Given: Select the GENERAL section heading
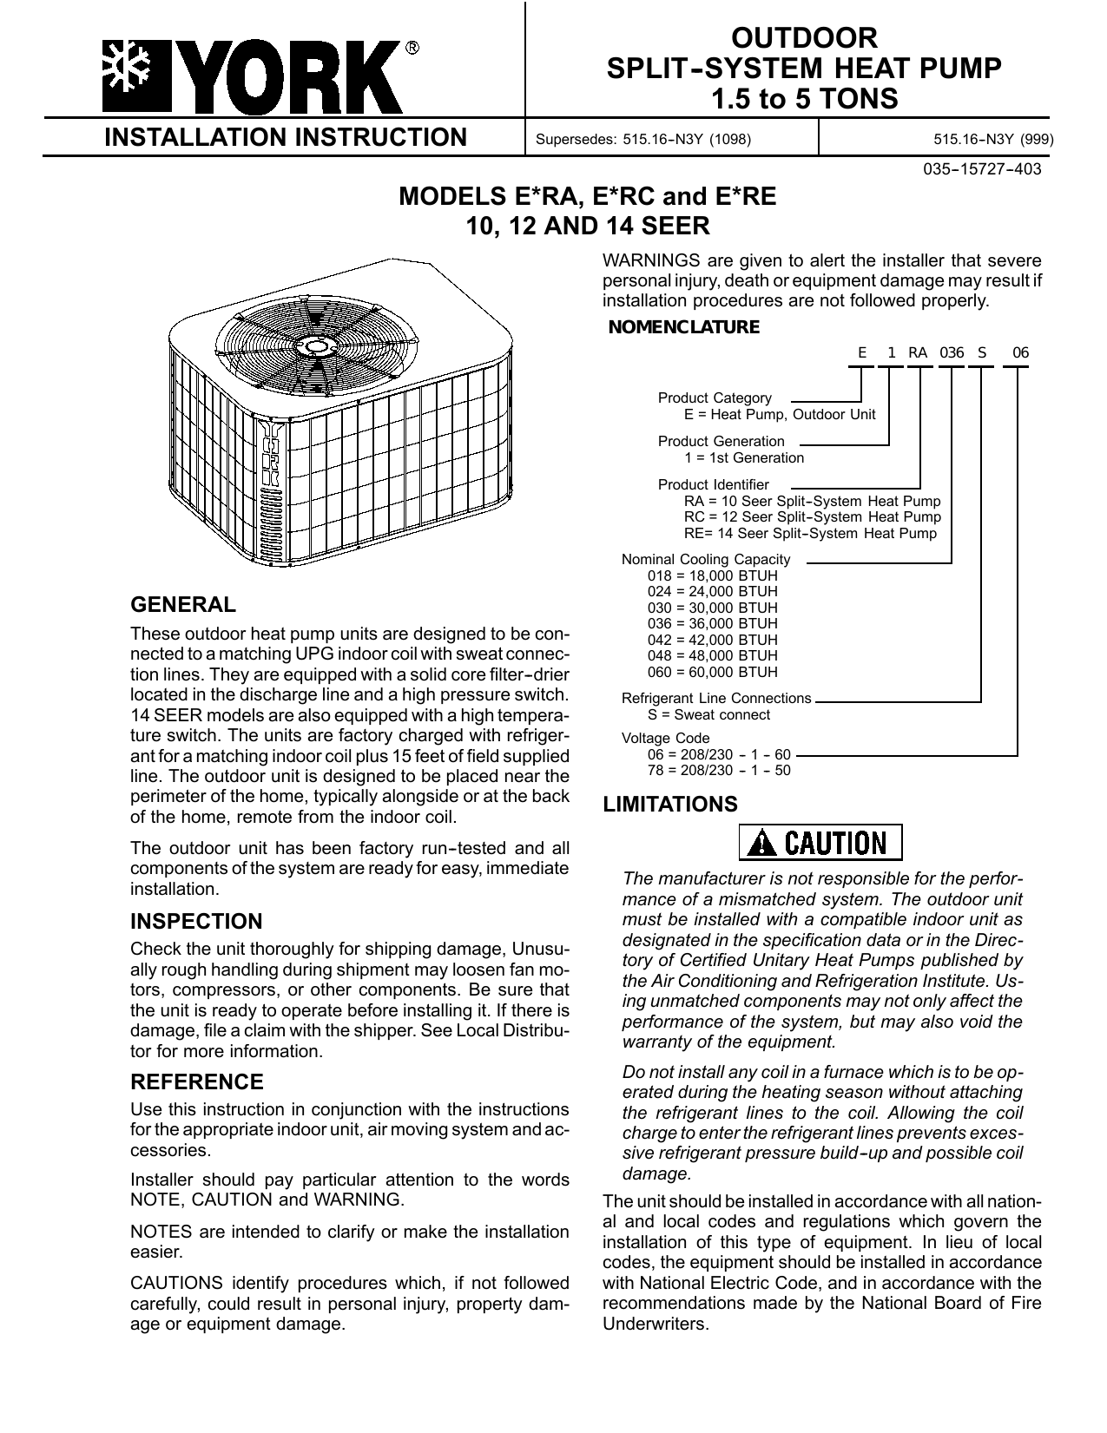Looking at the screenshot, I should pos(182,604).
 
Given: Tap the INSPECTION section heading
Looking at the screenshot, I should pos(195,921).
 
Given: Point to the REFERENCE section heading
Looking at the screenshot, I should pos(196,1082).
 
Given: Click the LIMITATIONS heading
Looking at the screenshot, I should pos(670,805).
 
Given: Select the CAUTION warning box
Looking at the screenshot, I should pos(820,842).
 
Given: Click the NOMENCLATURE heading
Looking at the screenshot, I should pos(684,327).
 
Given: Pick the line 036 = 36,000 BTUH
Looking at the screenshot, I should pos(713,623).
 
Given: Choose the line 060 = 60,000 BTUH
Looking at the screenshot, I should pos(713,672).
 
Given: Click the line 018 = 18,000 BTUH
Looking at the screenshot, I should pos(713,575).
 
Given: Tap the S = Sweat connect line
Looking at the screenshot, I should pos(708,714).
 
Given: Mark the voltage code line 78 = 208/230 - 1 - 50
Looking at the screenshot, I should pos(719,770).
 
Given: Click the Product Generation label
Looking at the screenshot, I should pos(721,441).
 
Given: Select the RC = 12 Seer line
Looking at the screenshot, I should pos(812,517).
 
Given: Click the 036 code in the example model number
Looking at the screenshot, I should pos(952,353).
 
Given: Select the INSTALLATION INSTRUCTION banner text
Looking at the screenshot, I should pos(286,137).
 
